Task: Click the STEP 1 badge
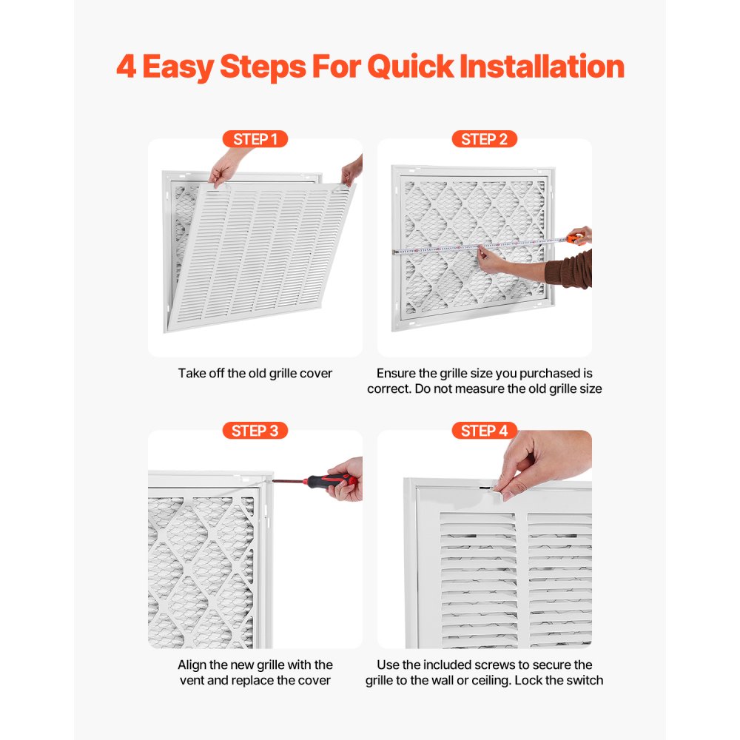point(255,139)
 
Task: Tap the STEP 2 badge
point(484,139)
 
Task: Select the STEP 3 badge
point(255,431)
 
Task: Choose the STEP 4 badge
point(484,431)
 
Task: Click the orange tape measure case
point(575,238)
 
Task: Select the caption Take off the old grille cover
point(255,374)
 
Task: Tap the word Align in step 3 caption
point(193,665)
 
